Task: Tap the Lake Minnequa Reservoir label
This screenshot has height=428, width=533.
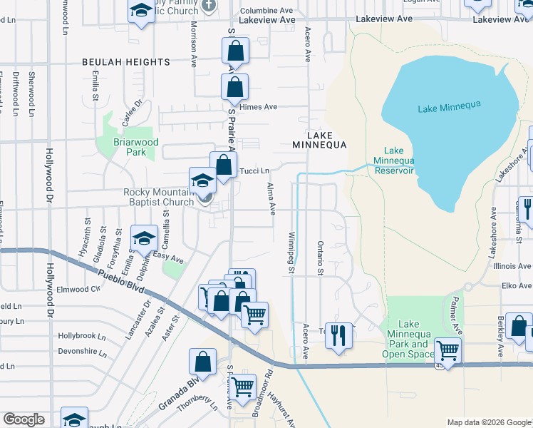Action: click(394, 160)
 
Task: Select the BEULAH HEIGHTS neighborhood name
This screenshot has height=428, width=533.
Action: click(125, 62)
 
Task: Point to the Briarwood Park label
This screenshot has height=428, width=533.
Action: click(130, 147)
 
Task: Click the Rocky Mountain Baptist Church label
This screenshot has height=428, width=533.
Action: click(158, 197)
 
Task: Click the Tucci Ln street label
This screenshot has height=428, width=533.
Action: click(254, 171)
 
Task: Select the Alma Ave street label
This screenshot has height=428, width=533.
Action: click(271, 198)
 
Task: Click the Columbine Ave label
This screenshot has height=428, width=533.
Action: click(266, 11)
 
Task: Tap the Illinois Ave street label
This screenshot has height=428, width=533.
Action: click(512, 266)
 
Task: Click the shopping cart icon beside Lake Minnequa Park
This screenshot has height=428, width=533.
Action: click(448, 350)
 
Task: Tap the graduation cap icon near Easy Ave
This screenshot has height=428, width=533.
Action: click(144, 238)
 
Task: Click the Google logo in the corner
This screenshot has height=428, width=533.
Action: click(24, 419)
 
